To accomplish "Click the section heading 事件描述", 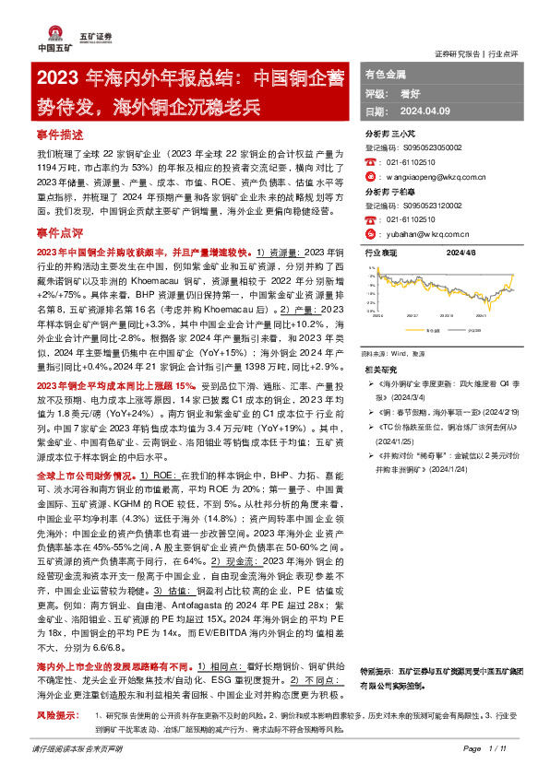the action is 59,134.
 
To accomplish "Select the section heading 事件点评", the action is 59,234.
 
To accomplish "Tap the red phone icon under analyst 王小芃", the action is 370,161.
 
